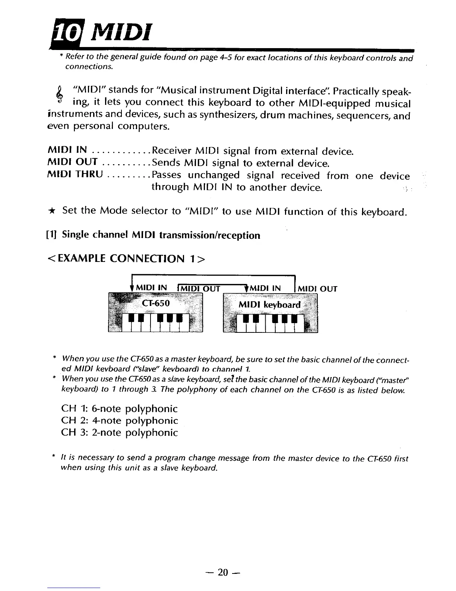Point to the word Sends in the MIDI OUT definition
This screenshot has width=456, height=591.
167,163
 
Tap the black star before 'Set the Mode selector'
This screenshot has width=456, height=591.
53,211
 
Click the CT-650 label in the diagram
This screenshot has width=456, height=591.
156,303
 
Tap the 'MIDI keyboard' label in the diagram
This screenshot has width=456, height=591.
269,304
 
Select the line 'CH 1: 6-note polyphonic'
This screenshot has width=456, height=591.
119,409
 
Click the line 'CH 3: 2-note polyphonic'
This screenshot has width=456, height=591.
119,432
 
